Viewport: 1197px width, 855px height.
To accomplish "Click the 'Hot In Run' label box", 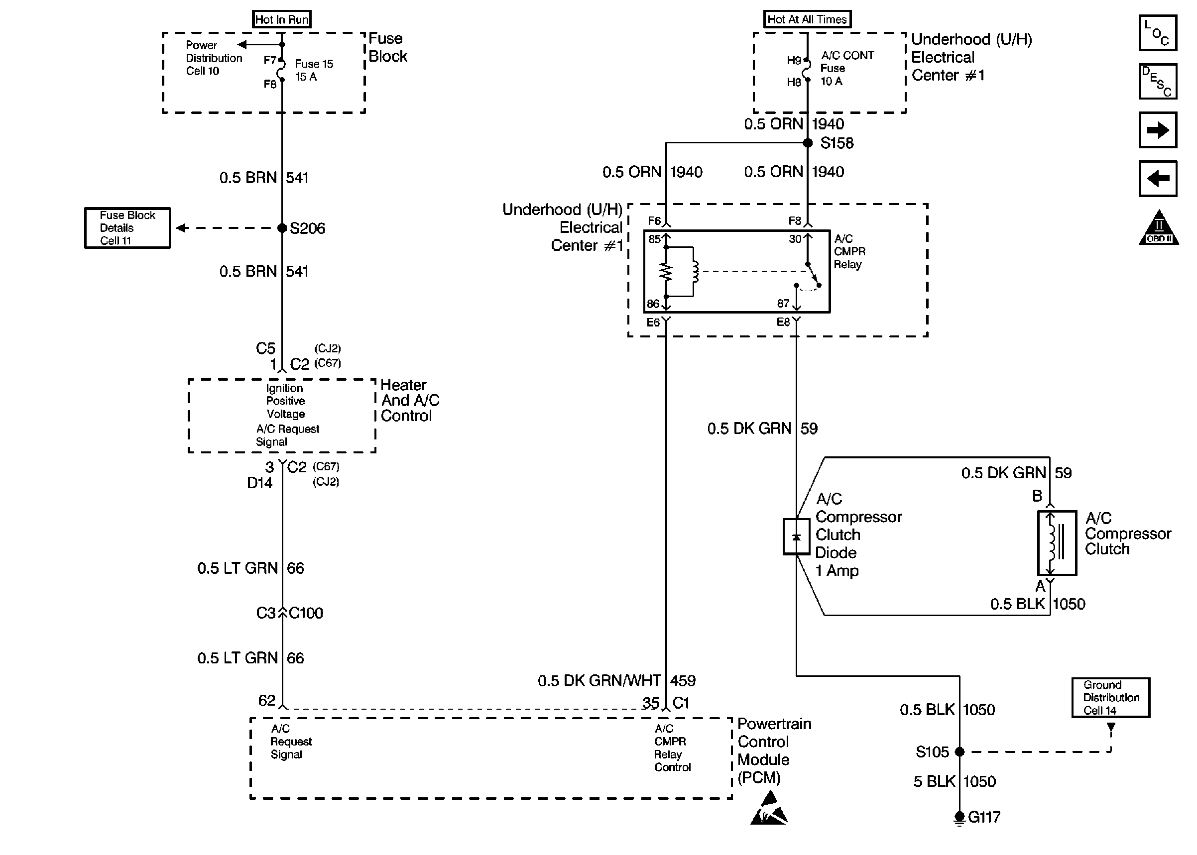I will [x=281, y=19].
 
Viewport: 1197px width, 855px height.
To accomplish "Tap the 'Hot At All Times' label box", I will [x=807, y=19].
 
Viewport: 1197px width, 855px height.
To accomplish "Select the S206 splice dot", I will [x=282, y=228].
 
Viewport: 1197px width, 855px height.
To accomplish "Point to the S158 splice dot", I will [x=807, y=143].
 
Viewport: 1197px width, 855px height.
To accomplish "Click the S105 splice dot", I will [x=959, y=752].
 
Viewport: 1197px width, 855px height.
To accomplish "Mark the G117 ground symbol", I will [x=959, y=818].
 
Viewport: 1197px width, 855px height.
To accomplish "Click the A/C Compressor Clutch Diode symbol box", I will [x=796, y=536].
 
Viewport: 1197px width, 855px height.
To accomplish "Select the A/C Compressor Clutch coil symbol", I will [x=1057, y=543].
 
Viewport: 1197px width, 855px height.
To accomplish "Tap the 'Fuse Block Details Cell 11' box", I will [x=127, y=228].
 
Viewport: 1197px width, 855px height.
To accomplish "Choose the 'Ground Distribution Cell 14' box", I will [x=1111, y=698].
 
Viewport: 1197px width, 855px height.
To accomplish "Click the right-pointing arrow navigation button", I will [x=1158, y=130].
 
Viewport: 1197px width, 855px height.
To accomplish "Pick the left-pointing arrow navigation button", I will [x=1158, y=179].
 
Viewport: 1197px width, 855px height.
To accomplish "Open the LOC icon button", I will [x=1158, y=33].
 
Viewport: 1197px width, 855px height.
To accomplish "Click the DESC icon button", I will [x=1158, y=82].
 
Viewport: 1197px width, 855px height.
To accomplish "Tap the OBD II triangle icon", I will [x=1159, y=228].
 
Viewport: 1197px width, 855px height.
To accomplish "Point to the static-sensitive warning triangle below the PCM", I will [x=768, y=811].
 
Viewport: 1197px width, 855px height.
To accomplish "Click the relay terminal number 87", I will [x=783, y=304].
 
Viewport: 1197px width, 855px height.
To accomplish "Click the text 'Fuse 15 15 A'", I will [x=313, y=70].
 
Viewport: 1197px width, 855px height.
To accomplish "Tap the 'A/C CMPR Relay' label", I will [x=849, y=252].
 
